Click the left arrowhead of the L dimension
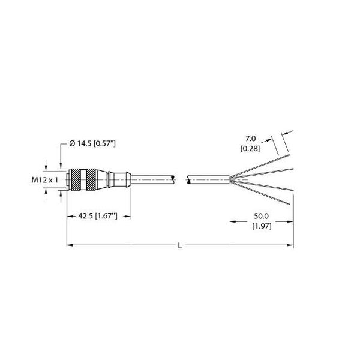click(x=68, y=245)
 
